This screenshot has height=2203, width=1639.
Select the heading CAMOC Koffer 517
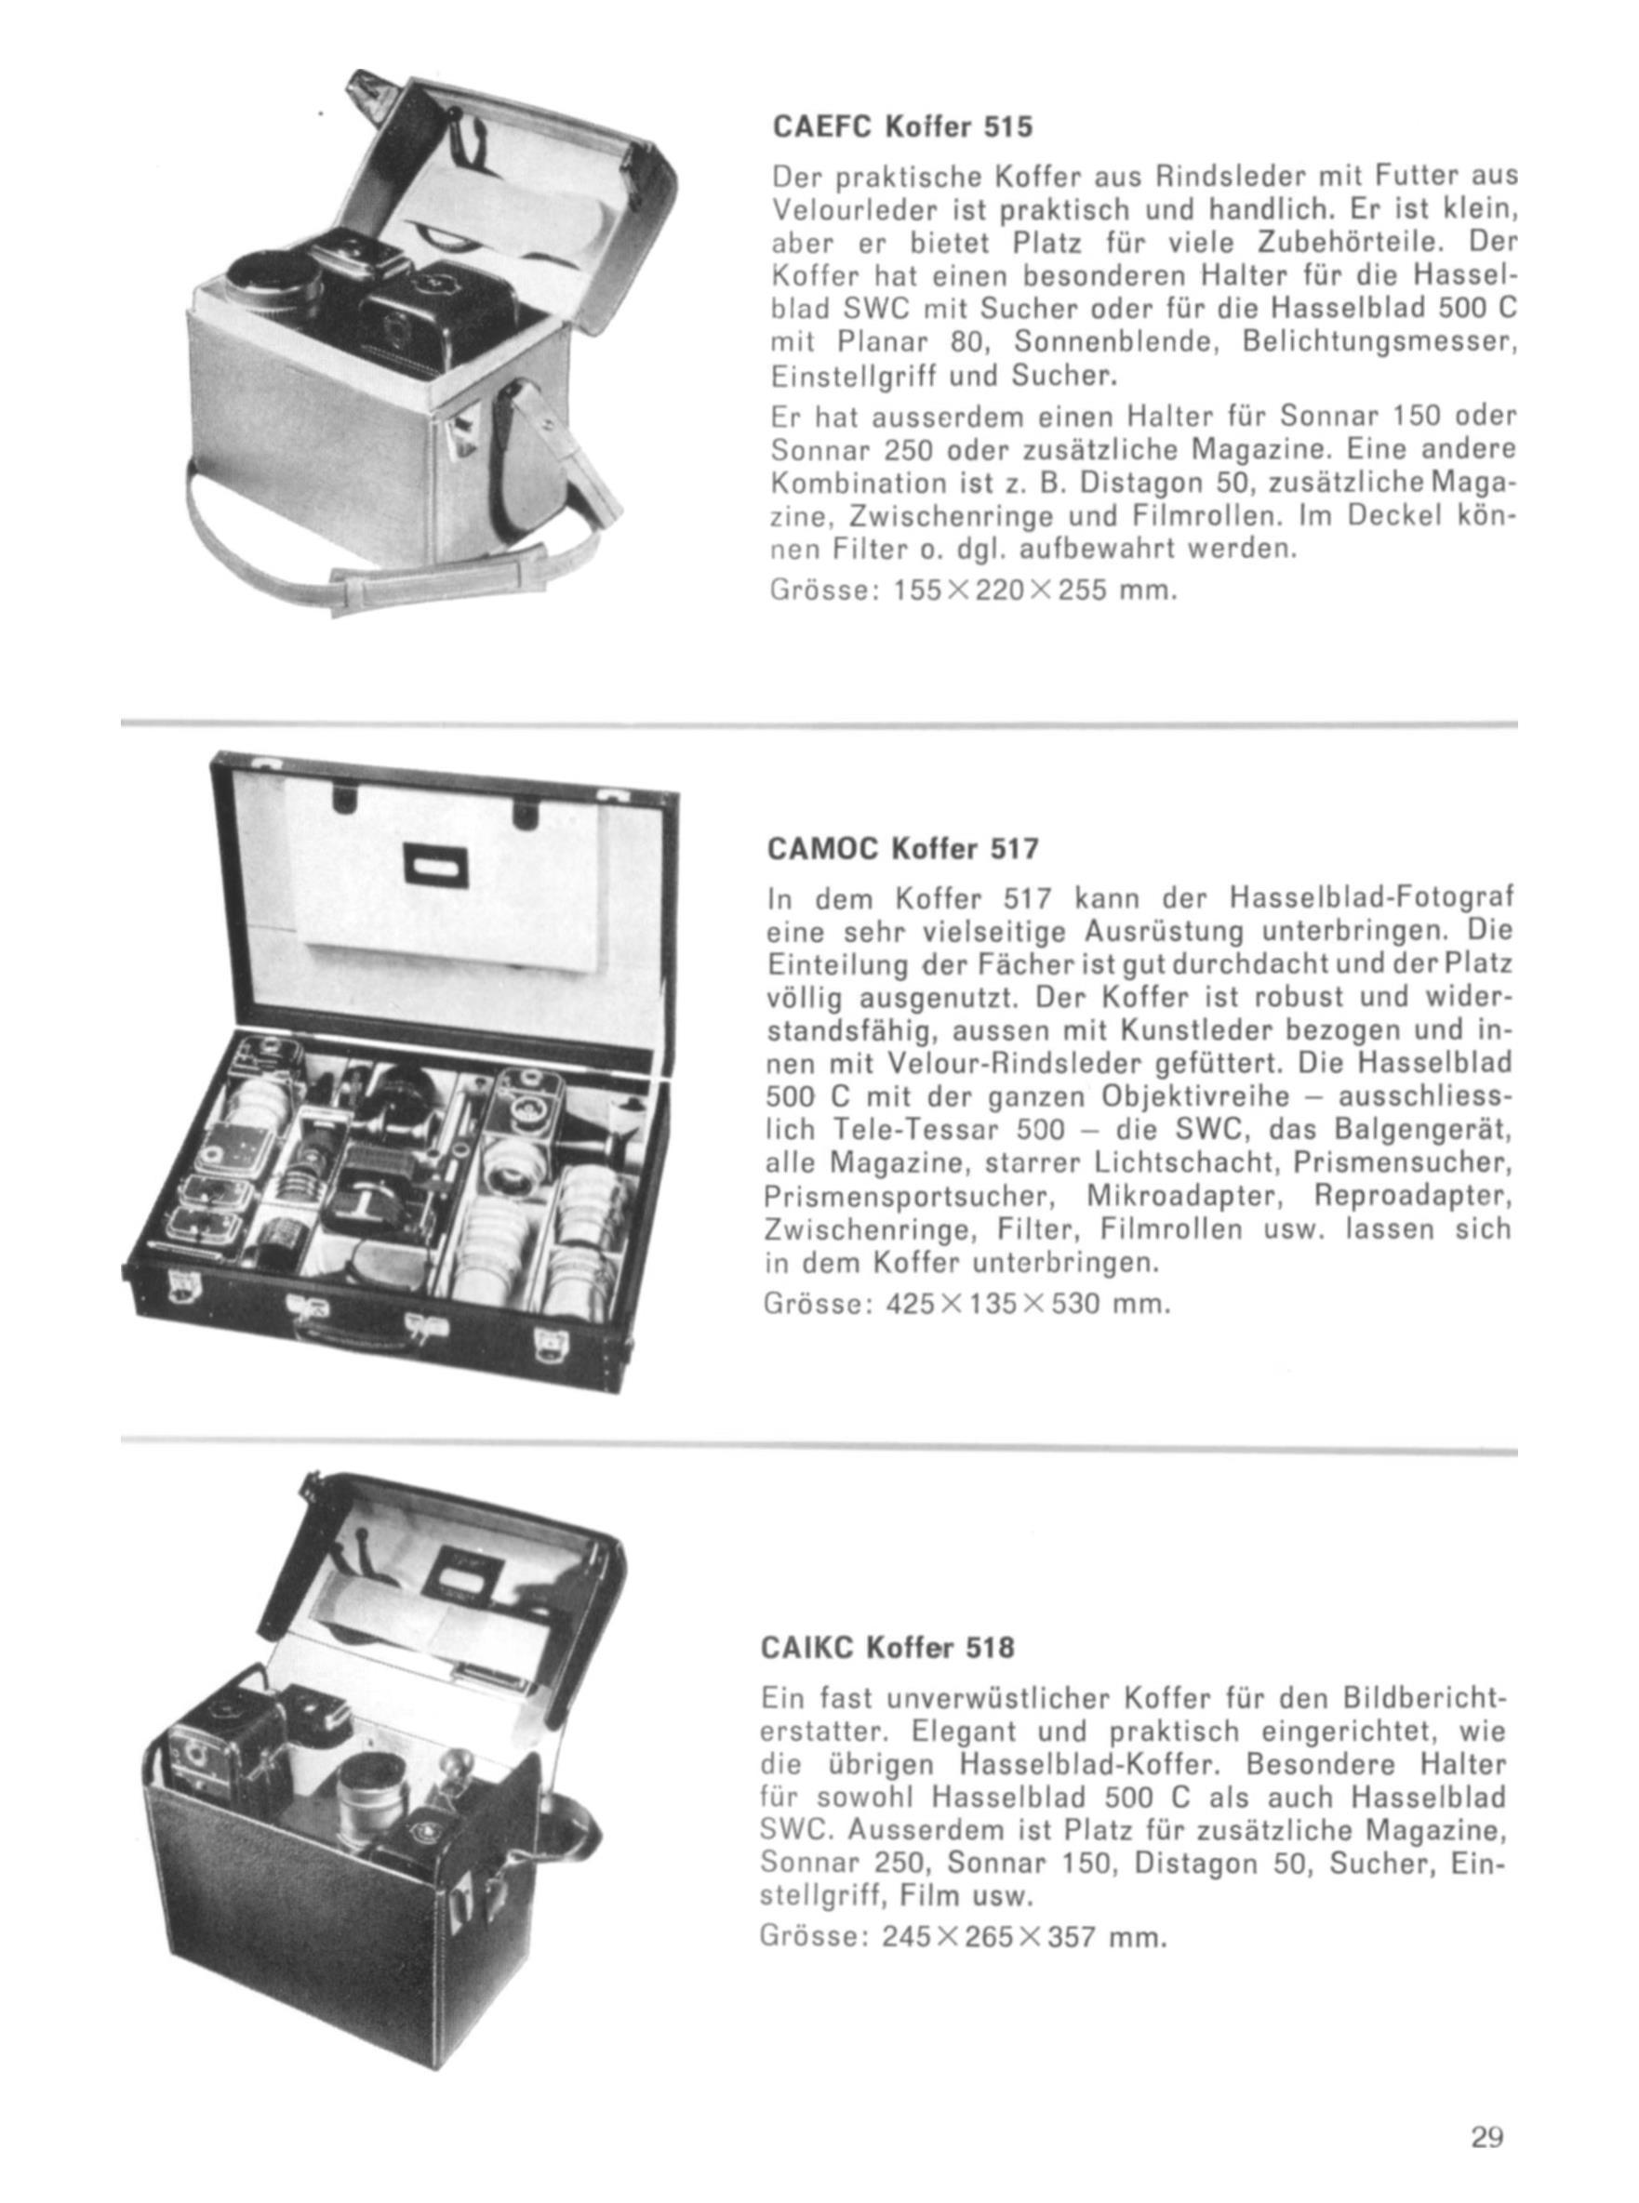pyautogui.click(x=903, y=849)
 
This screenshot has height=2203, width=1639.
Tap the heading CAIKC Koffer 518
pyautogui.click(x=888, y=1648)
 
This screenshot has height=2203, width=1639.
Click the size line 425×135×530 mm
pyautogui.click(x=968, y=1301)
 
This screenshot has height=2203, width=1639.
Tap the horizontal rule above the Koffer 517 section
pyautogui.click(x=819, y=725)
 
